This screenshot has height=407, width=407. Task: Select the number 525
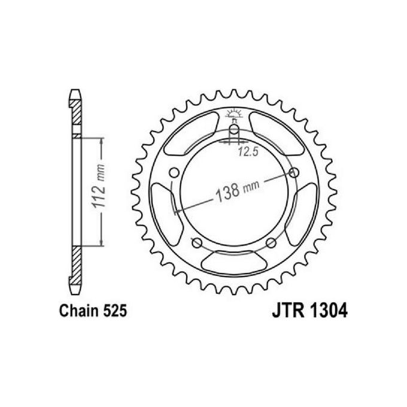(114, 312)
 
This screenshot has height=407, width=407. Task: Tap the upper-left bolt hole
(174, 172)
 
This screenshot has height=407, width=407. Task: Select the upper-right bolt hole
(293, 172)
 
